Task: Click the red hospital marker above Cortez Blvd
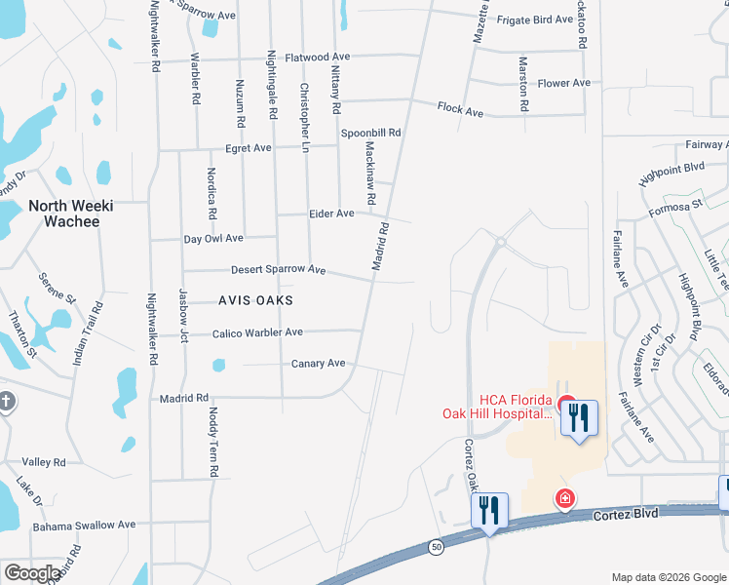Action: click(564, 499)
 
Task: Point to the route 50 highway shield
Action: click(436, 548)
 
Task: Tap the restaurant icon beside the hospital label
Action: click(580, 419)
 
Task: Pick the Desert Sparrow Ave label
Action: click(278, 269)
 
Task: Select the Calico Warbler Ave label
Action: click(257, 333)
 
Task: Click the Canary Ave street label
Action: click(319, 364)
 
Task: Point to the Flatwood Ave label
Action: click(317, 58)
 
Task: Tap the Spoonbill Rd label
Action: click(370, 133)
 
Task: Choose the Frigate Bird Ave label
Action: click(535, 19)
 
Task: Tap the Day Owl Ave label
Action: click(213, 238)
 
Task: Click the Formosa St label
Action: click(675, 208)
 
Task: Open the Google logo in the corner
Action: click(32, 573)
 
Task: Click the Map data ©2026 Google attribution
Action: click(669, 577)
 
